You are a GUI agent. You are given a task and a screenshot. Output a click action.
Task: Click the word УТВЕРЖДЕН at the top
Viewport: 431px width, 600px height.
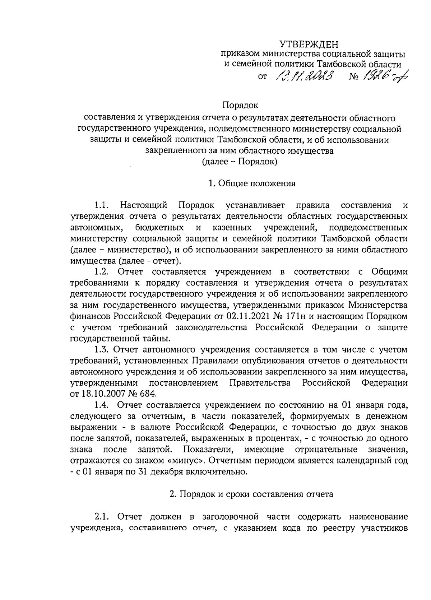tap(309, 44)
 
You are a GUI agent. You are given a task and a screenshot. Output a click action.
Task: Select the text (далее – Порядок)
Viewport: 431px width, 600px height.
tap(240, 162)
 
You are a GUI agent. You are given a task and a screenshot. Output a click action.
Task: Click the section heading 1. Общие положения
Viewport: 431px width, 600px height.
tap(252, 183)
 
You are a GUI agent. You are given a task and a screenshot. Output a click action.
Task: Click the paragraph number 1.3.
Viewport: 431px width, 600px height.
tap(101, 349)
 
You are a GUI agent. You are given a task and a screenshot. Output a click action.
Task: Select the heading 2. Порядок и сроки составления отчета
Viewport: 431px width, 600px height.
tap(251, 494)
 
